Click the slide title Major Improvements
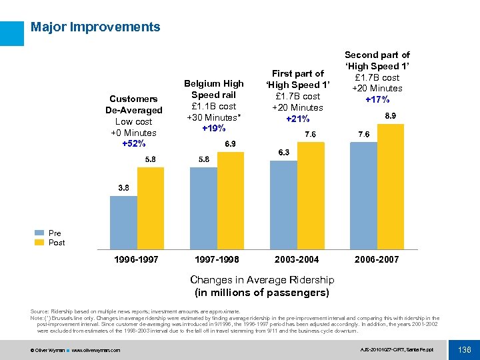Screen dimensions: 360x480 (x=95, y=27)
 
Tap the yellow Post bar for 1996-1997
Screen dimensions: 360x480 (x=150, y=207)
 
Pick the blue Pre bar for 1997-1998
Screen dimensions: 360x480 (x=203, y=207)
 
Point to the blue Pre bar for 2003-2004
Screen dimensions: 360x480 (x=283, y=204)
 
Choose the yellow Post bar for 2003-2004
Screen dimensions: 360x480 (x=310, y=195)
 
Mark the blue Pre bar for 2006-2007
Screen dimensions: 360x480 (x=363, y=195)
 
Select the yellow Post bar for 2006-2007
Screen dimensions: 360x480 (x=390, y=185)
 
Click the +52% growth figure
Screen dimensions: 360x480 (x=134, y=143)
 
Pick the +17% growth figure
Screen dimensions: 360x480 (x=377, y=99)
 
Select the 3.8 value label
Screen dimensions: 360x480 (x=124, y=189)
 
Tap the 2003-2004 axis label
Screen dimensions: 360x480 (x=297, y=259)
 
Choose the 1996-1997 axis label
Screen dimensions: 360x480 (x=137, y=259)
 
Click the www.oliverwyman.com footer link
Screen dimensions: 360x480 (x=96, y=350)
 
